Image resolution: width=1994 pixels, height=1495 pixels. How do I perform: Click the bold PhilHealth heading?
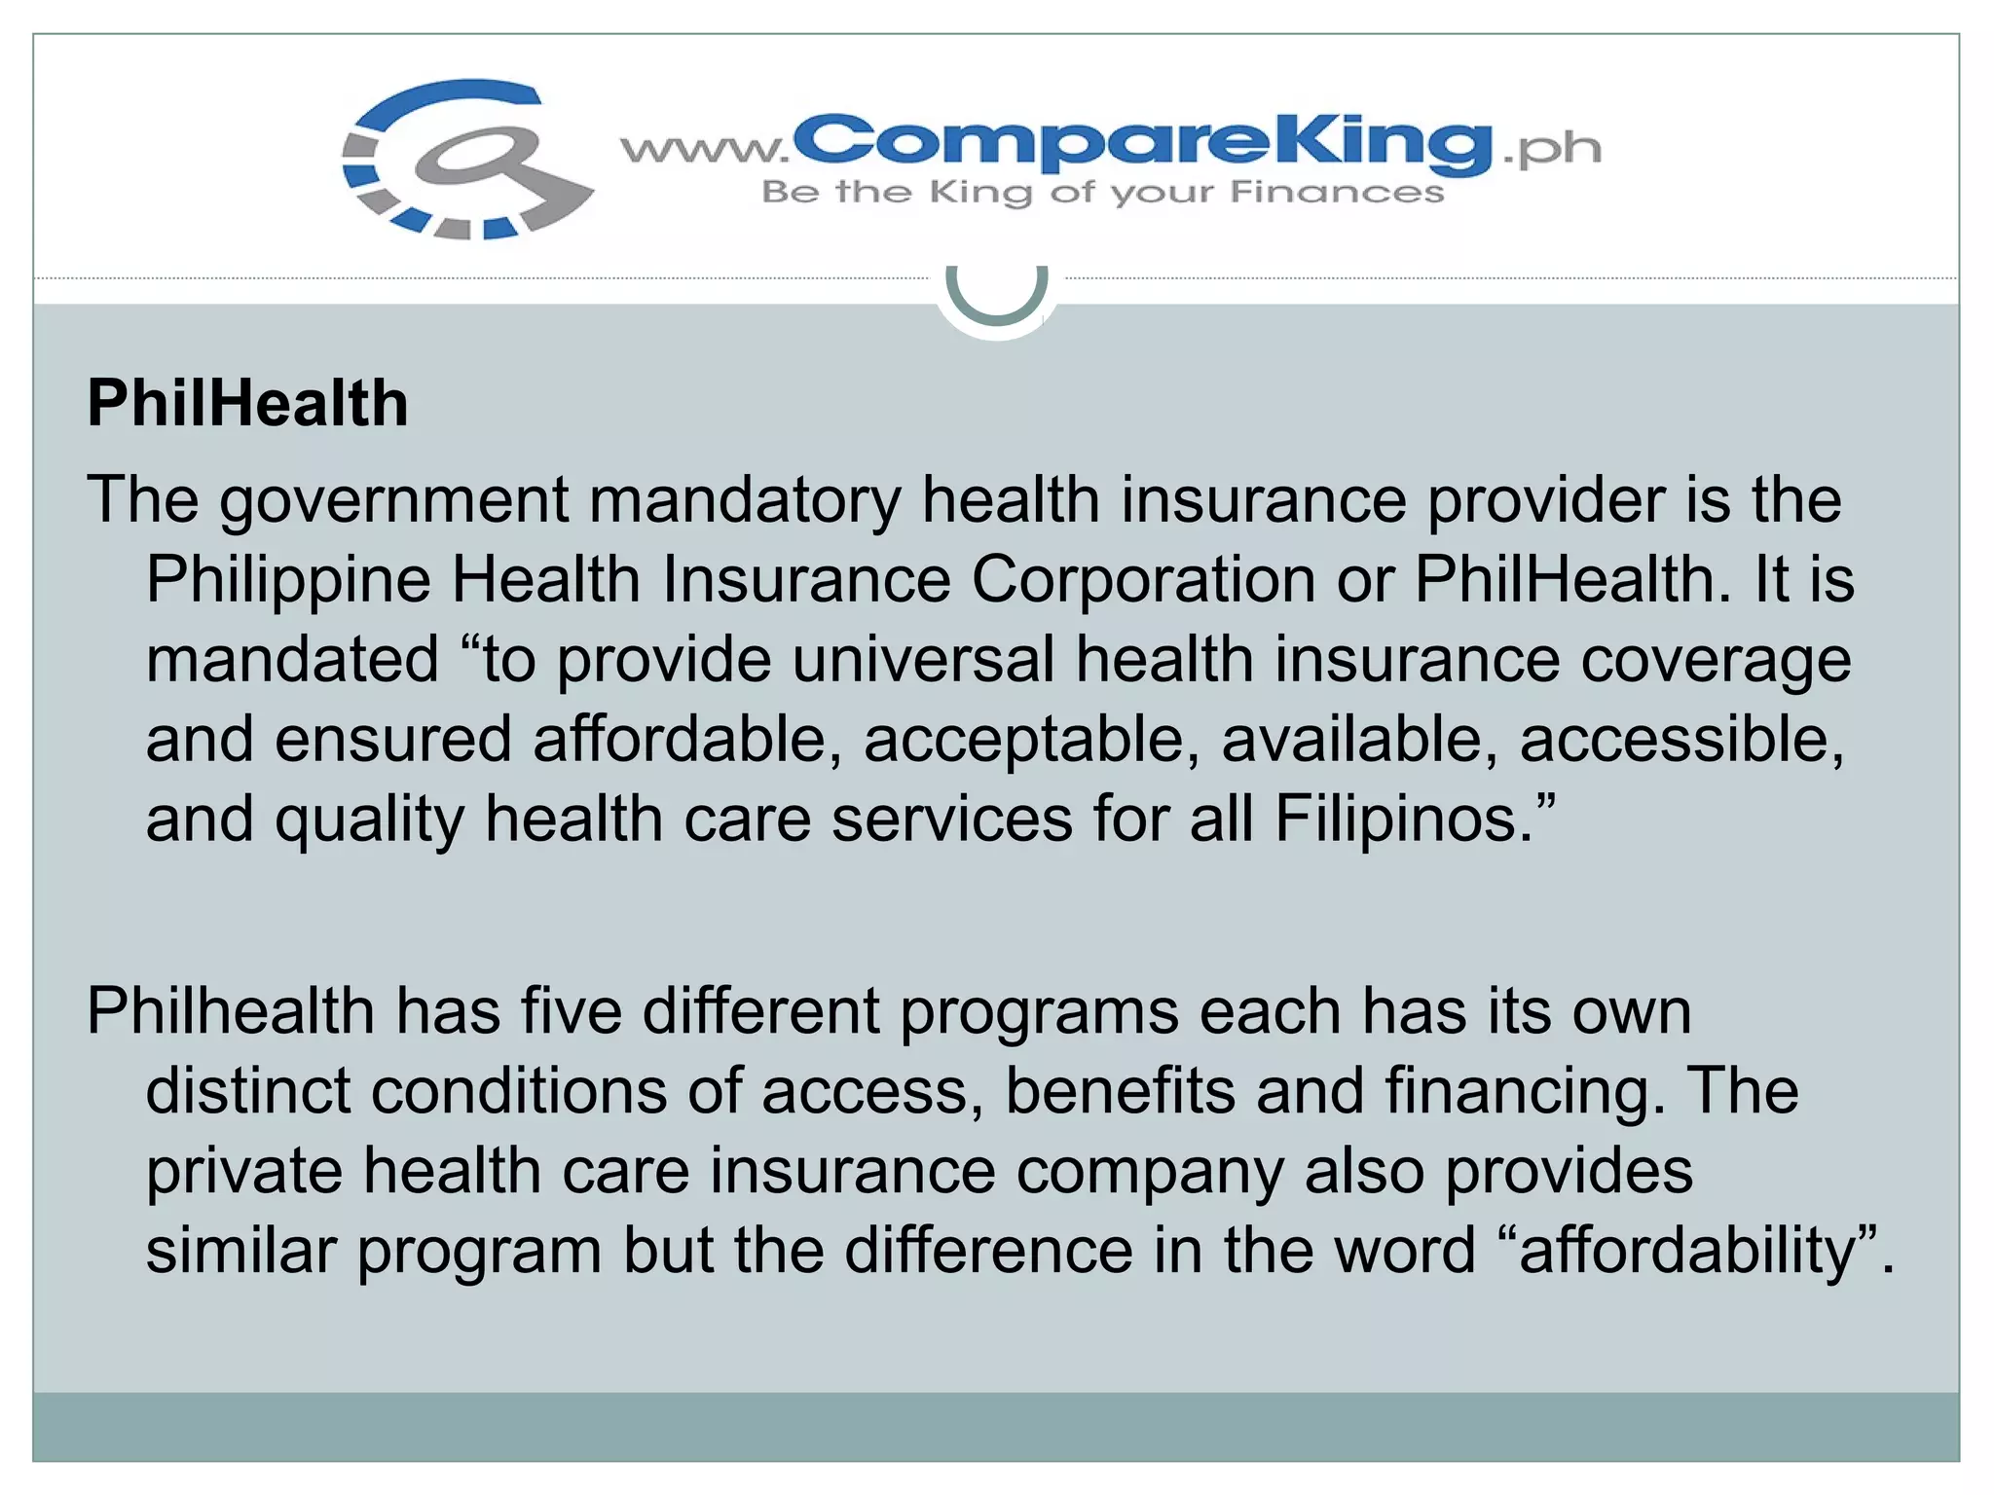click(247, 403)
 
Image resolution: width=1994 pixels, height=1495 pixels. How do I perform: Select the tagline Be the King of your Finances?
click(1102, 193)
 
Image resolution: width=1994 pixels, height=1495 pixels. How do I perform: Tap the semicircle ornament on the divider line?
click(996, 292)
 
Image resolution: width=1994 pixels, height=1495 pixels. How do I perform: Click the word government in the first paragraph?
click(393, 501)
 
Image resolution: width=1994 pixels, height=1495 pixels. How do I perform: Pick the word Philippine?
click(288, 581)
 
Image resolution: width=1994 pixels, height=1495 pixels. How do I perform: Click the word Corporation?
click(1143, 581)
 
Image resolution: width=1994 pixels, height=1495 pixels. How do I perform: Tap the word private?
click(244, 1172)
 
